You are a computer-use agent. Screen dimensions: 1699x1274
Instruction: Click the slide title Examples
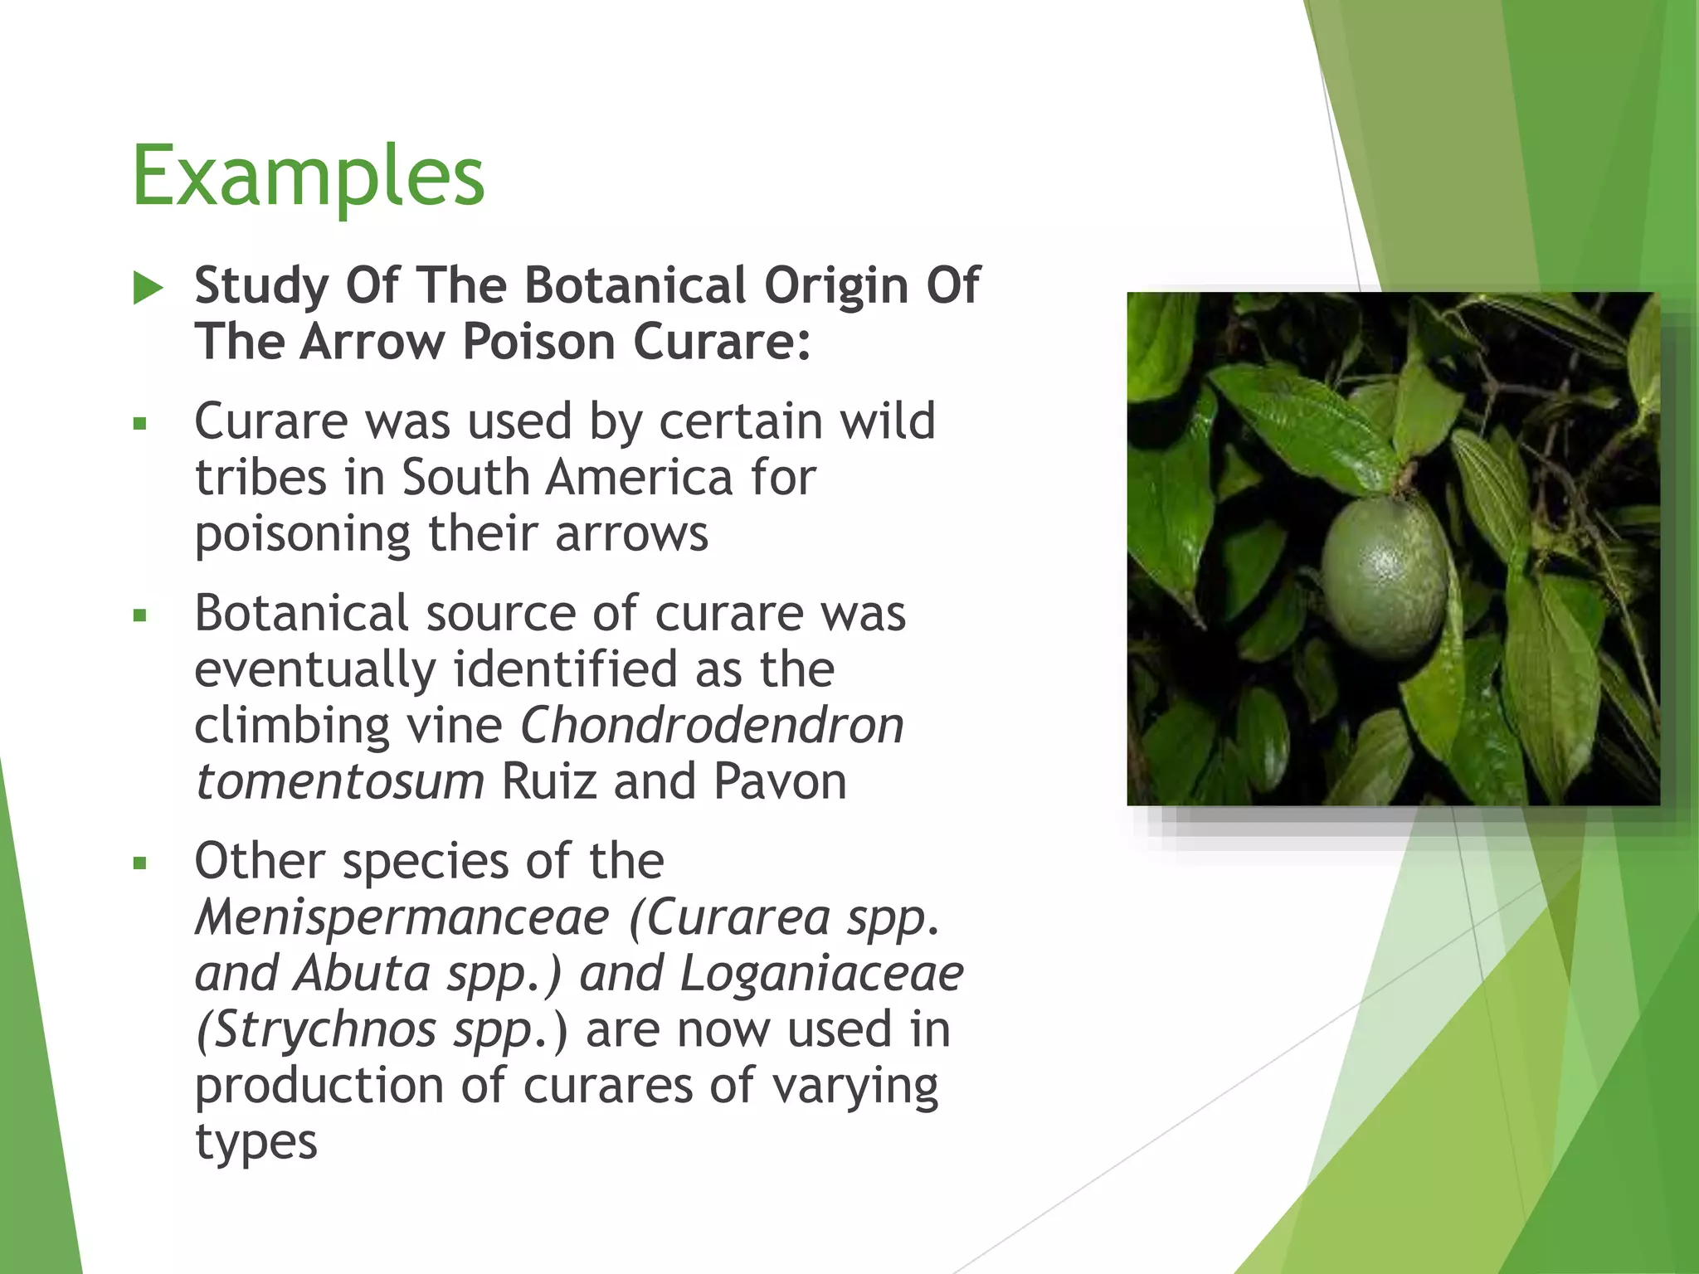[x=308, y=176]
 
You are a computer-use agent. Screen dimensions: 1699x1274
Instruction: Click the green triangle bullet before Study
[x=148, y=288]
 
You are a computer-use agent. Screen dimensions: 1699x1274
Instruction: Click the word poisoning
[x=302, y=534]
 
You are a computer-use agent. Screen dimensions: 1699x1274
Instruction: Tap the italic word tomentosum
[x=339, y=781]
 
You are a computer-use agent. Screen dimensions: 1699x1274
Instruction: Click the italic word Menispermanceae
[x=402, y=917]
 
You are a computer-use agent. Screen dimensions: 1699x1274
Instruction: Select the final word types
[x=256, y=1142]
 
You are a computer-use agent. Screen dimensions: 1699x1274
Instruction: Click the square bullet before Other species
[x=139, y=863]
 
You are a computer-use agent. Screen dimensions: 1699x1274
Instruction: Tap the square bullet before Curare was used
[x=139, y=424]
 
